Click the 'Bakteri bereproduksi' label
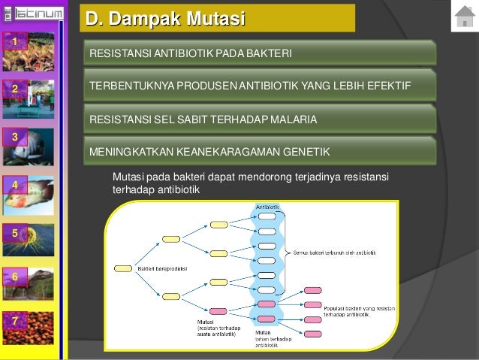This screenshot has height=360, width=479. tap(162, 268)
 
